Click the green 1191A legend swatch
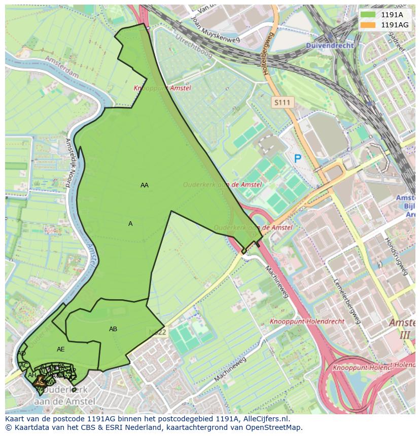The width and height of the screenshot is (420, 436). [x=368, y=15]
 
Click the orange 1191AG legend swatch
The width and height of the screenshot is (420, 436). [x=368, y=25]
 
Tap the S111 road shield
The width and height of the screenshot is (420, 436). [x=282, y=102]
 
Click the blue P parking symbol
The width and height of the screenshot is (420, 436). [x=298, y=158]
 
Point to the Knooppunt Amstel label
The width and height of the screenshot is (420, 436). [x=162, y=88]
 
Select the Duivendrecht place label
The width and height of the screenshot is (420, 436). [x=329, y=45]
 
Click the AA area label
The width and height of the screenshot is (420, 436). [x=145, y=185]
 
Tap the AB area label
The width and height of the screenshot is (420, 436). [x=113, y=329]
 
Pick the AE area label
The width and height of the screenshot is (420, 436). [x=61, y=349]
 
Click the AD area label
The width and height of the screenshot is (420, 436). [x=21, y=353]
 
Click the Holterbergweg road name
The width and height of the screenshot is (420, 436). [x=268, y=54]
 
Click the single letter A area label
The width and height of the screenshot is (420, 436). [x=130, y=224]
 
